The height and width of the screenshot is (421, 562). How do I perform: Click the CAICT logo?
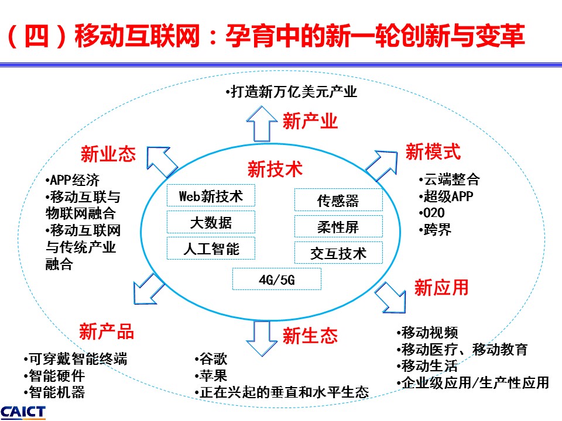click(23, 412)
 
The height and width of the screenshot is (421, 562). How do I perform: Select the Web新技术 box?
click(211, 195)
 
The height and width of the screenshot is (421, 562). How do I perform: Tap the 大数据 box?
click(211, 222)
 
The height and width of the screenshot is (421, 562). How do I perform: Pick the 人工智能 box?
click(211, 249)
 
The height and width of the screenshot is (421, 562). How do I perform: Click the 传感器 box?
click(338, 200)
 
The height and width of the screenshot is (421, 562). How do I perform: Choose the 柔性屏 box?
click(338, 226)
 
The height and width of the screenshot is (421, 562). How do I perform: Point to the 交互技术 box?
click(338, 253)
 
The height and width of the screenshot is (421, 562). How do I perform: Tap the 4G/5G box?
click(277, 279)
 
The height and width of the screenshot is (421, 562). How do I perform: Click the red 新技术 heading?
click(275, 169)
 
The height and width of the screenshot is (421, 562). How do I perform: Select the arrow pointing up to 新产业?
click(262, 124)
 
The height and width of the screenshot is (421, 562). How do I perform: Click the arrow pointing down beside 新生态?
click(262, 339)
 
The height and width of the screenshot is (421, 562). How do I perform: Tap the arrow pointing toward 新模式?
click(382, 165)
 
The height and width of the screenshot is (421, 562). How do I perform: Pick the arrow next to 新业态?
click(162, 162)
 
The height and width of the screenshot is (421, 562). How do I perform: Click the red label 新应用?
click(441, 288)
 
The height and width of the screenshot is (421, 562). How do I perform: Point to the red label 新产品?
click(107, 331)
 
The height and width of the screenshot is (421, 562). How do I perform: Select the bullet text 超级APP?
click(446, 196)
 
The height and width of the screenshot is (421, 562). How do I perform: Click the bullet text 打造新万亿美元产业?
click(292, 92)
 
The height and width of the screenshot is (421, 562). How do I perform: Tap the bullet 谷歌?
click(211, 358)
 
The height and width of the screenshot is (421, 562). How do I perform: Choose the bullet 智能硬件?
click(54, 375)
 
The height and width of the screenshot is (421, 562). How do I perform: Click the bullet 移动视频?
click(427, 332)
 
